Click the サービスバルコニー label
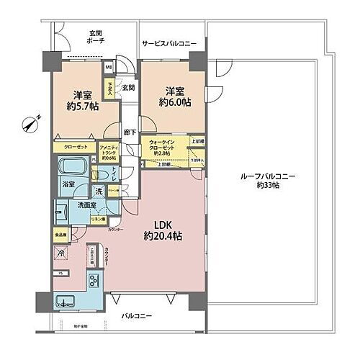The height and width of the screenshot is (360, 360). click(168, 44)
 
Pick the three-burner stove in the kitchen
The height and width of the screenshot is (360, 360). click(94, 282)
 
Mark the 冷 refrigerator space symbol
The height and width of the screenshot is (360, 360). click(62, 253)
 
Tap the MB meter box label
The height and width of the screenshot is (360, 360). click(109, 70)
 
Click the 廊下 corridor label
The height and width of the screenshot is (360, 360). click(127, 132)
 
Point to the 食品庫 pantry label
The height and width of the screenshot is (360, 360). click(60, 235)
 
